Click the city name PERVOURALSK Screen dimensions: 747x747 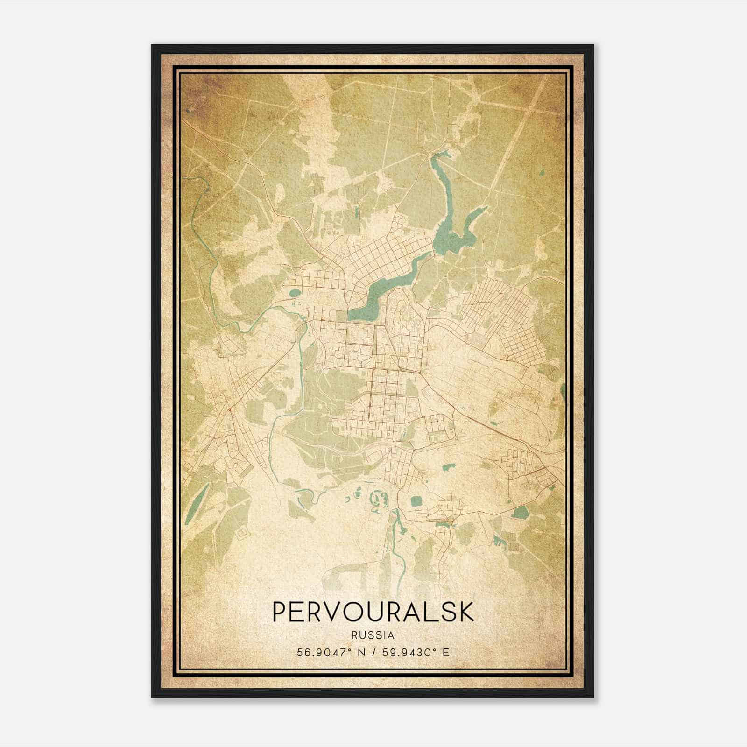tap(373, 612)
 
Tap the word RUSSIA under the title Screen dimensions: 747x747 tap(373, 635)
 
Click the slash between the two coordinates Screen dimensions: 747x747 tap(373, 653)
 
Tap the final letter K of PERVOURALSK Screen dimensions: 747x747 tap(467, 612)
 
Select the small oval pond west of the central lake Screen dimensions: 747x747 tap(295, 294)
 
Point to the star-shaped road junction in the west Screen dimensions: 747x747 tap(230, 409)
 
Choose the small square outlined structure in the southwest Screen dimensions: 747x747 tap(242, 533)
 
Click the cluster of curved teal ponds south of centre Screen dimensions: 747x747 tap(376, 500)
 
